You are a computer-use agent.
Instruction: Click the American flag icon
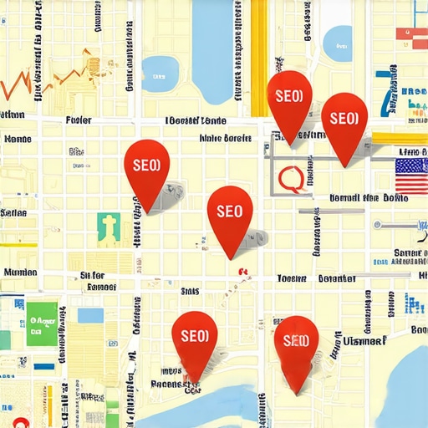tap(411, 176)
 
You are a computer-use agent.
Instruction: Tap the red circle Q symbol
tap(291, 177)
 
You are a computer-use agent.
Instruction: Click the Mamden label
tap(21, 272)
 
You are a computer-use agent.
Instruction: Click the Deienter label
tap(337, 278)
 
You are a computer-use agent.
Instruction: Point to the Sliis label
tap(190, 291)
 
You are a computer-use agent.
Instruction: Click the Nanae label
tap(18, 139)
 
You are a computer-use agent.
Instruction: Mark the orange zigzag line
tap(50, 79)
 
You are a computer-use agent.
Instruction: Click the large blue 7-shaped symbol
tap(386, 92)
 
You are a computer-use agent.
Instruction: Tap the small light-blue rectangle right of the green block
tap(90, 315)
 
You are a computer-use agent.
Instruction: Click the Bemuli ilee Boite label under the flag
tap(368, 199)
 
